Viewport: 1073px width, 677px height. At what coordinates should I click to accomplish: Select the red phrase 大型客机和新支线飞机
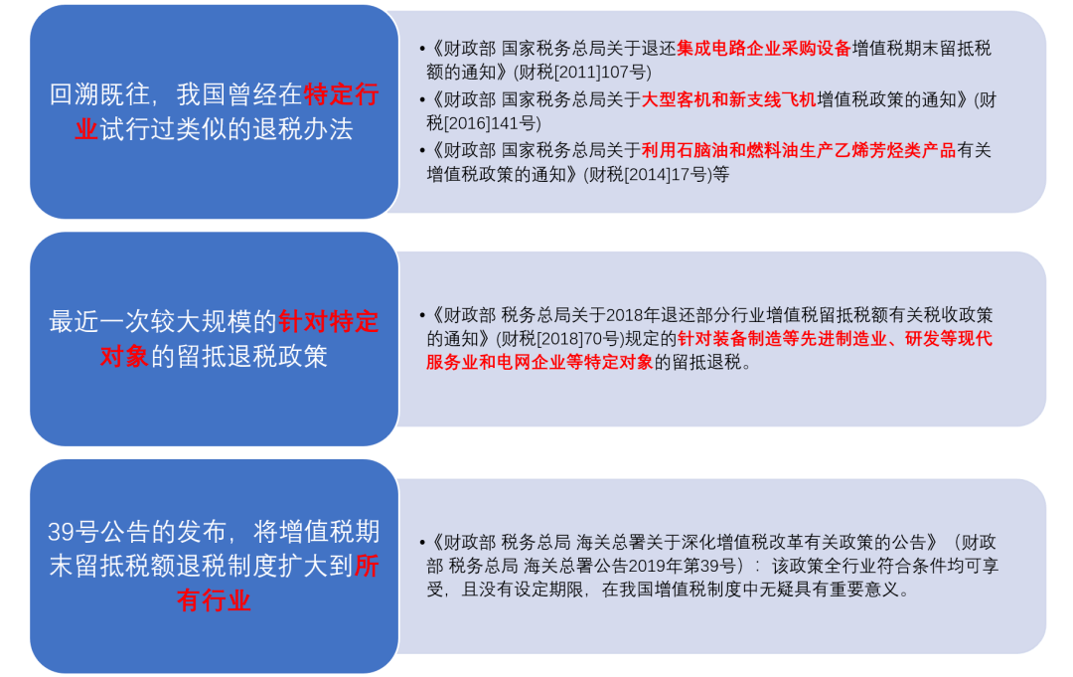(728, 99)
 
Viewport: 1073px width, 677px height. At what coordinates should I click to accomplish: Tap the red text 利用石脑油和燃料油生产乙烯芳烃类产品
(798, 150)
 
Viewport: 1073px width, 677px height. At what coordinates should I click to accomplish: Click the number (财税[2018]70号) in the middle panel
(554, 339)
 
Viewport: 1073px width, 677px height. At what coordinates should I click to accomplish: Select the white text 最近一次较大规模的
(162, 321)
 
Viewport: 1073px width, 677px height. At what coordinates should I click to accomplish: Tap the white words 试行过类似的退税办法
(227, 129)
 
